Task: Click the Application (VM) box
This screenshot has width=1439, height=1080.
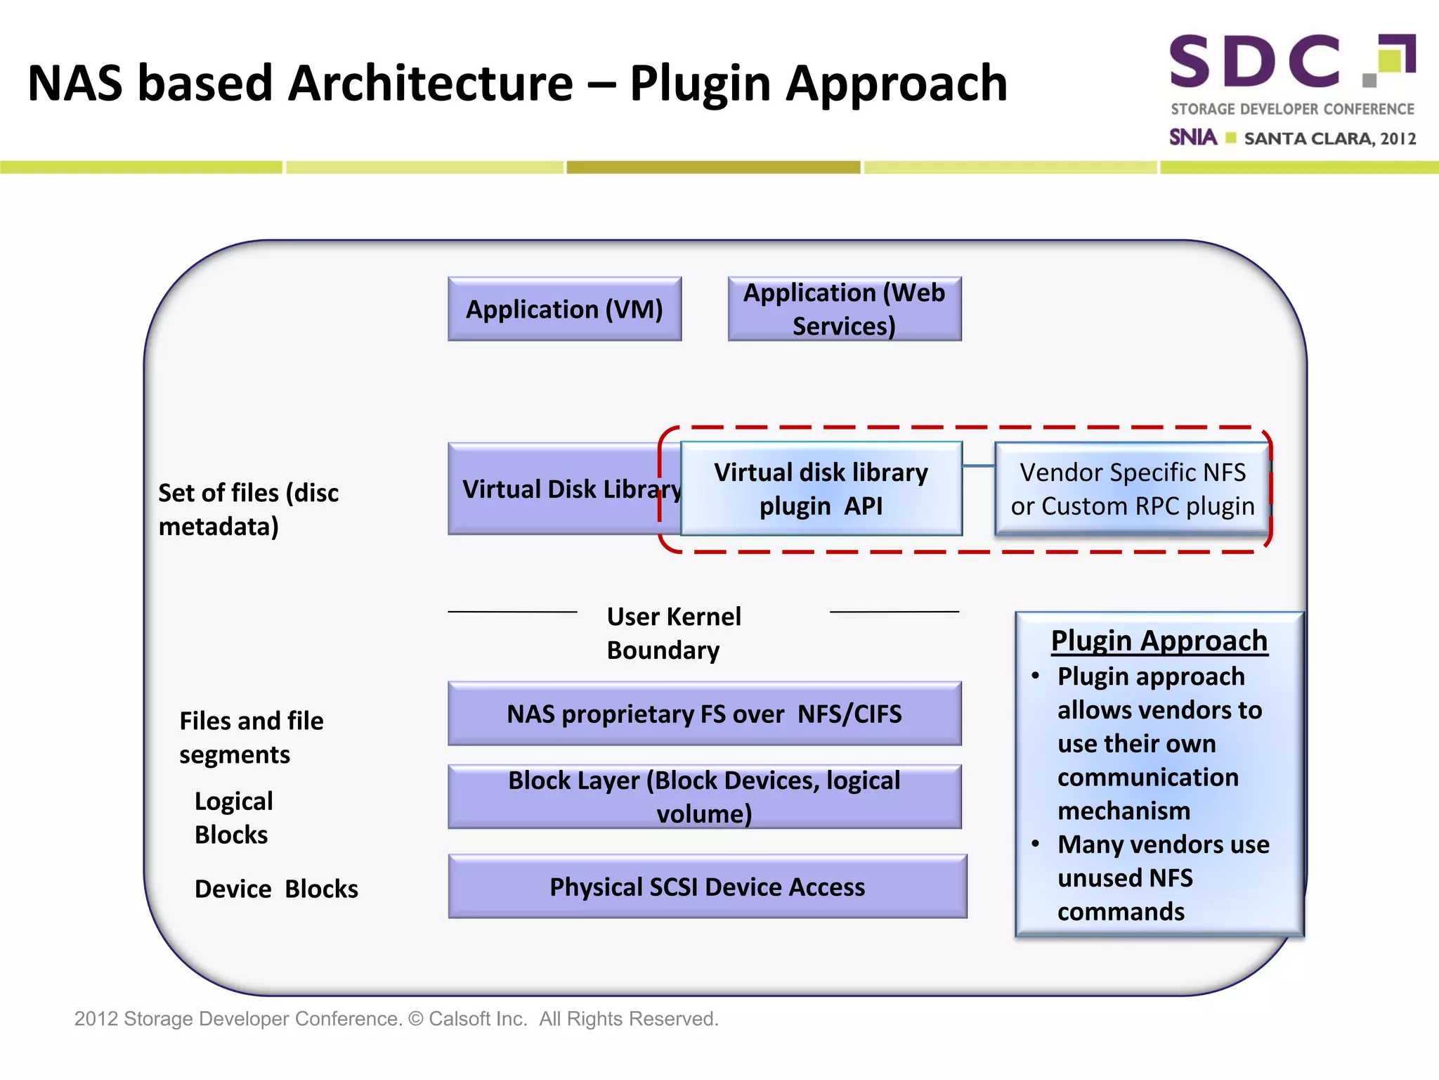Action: point(564,309)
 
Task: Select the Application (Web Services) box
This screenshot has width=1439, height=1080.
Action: point(844,309)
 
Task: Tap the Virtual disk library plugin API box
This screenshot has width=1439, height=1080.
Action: point(821,489)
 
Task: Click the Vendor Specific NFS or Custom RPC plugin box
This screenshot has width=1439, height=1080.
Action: point(1132,489)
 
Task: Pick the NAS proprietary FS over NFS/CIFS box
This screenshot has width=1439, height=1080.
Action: point(704,714)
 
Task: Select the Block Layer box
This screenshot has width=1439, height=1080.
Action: point(704,797)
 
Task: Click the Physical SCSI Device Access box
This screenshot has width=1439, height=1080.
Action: point(707,887)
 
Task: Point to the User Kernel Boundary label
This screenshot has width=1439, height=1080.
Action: point(673,633)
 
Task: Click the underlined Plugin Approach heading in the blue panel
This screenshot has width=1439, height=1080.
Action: point(1159,641)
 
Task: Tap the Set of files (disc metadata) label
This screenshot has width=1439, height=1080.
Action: point(248,509)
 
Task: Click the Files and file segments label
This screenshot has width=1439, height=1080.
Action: point(251,737)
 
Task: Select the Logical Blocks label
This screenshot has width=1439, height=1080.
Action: point(233,817)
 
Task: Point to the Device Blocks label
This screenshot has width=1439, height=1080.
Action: point(276,889)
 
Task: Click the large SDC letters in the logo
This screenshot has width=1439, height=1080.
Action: point(1255,62)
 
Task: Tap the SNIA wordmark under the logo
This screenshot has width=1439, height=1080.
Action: point(1192,137)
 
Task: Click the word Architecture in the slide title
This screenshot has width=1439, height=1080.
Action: point(430,83)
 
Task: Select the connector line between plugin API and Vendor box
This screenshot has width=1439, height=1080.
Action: point(978,466)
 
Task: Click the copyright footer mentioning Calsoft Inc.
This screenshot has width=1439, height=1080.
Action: point(396,1018)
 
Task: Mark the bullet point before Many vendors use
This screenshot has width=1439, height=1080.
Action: point(1035,844)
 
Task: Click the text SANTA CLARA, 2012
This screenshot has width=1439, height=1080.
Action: point(1329,139)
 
